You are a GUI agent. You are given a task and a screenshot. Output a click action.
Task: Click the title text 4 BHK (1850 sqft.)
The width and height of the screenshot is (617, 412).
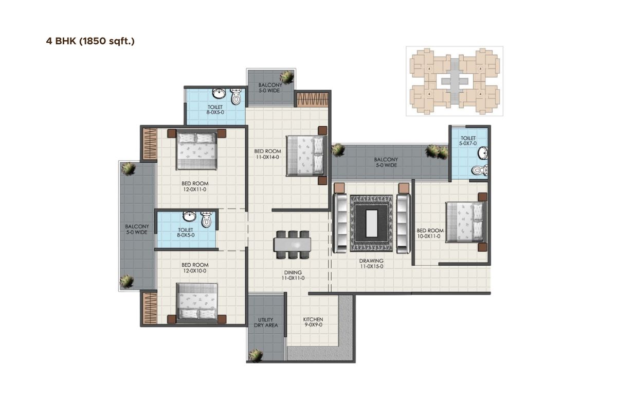click(x=90, y=41)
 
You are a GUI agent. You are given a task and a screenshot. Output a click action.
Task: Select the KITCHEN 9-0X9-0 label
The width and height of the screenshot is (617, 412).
click(x=313, y=322)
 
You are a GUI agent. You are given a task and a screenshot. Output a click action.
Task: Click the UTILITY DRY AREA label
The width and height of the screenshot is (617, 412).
click(x=266, y=322)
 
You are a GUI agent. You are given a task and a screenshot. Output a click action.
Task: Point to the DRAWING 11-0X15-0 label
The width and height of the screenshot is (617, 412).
click(x=371, y=264)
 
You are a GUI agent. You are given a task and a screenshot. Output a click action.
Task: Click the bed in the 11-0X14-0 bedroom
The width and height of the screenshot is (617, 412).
click(x=305, y=155)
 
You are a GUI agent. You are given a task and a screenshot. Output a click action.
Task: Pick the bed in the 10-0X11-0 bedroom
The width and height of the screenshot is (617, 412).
click(x=465, y=221)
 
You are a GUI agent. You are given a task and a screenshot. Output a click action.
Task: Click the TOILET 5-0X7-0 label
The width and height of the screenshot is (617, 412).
click(x=468, y=141)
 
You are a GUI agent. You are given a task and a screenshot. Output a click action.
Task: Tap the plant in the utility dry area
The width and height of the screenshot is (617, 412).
click(x=256, y=355)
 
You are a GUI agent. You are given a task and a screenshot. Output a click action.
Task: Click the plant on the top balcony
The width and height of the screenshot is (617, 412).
click(x=287, y=77)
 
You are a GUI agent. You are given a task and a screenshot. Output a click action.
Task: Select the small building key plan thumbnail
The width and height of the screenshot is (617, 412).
click(x=454, y=81)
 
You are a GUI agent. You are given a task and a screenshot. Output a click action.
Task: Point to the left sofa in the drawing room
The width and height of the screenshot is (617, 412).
click(x=340, y=223)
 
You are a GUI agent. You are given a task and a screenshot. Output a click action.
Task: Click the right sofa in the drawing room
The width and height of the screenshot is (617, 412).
click(x=403, y=223)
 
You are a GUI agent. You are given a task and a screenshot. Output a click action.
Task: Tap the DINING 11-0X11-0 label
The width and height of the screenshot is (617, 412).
click(x=293, y=276)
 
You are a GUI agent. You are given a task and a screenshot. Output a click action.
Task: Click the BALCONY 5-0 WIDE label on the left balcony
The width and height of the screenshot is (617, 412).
click(x=136, y=229)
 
